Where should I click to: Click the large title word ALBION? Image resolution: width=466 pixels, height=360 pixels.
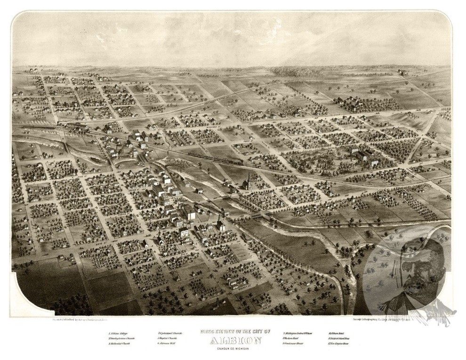pos(233,340)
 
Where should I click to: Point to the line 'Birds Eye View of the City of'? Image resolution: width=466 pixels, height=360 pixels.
pos(233,331)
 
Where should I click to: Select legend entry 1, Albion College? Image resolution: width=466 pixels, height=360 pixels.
pos(118,333)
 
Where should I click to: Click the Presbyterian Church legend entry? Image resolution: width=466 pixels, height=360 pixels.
pos(121,339)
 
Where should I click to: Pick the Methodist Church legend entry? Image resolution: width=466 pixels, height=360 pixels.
pos(120,344)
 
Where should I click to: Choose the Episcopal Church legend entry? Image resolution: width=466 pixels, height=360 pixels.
pos(170,333)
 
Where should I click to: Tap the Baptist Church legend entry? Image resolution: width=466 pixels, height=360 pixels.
pos(169,339)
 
